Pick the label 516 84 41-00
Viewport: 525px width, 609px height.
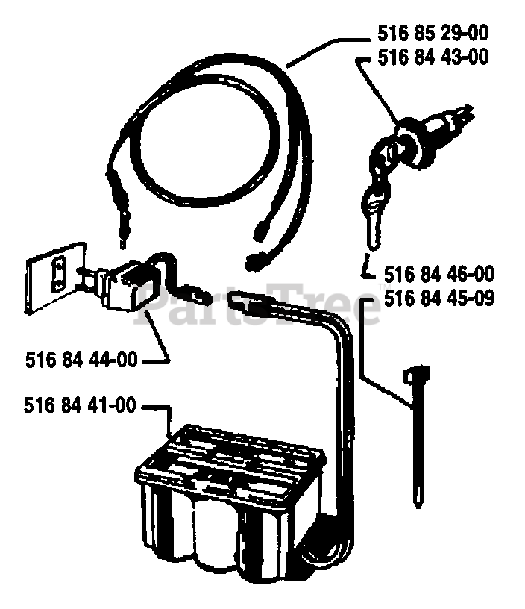click(81, 406)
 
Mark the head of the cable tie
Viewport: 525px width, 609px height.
click(415, 372)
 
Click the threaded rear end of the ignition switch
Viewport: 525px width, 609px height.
click(459, 116)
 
